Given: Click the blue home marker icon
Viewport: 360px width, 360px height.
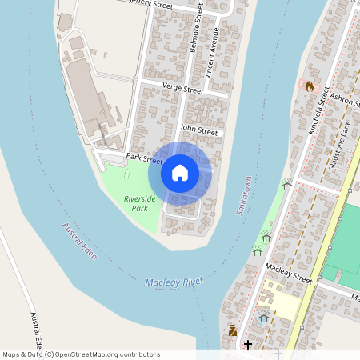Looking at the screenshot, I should pyautogui.click(x=180, y=173).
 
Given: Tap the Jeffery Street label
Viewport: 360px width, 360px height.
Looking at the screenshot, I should pyautogui.click(x=152, y=5).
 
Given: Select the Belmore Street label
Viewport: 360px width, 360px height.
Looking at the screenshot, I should pyautogui.click(x=194, y=37).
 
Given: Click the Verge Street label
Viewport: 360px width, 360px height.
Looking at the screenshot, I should pyautogui.click(x=182, y=90).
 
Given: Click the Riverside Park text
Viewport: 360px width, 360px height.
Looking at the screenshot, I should pyautogui.click(x=137, y=203).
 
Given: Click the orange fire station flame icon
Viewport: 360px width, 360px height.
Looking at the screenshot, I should pyautogui.click(x=310, y=85).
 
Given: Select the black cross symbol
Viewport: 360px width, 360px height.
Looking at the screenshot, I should pyautogui.click(x=248, y=345).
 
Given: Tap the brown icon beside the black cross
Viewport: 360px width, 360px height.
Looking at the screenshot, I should pyautogui.click(x=233, y=329).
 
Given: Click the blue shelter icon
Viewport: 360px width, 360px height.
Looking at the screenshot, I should pyautogui.click(x=263, y=318).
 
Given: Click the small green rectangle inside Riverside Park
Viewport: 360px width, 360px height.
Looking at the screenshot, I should pyautogui.click(x=129, y=174).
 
